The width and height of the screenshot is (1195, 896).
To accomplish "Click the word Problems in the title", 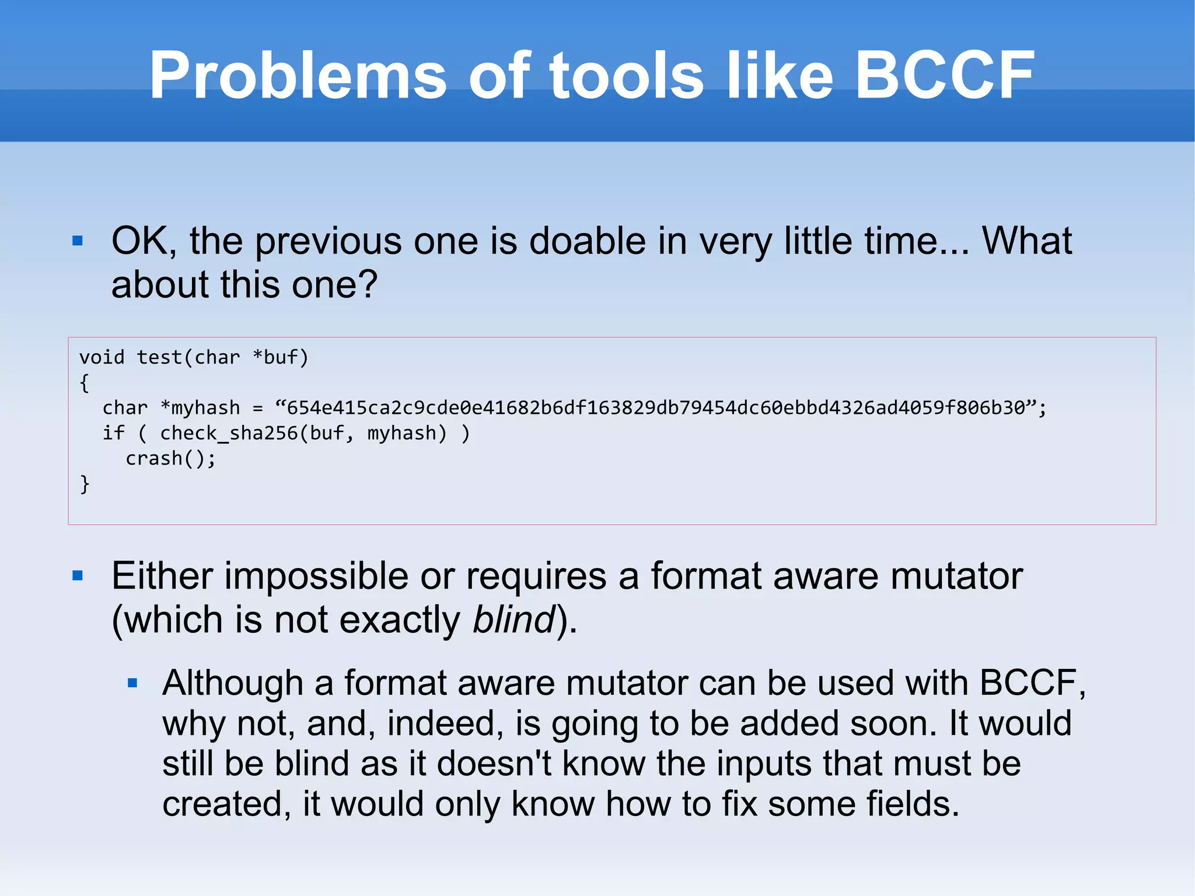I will (298, 76).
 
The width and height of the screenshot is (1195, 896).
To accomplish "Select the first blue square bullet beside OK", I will (78, 240).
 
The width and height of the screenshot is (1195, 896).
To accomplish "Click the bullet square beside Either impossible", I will (78, 576).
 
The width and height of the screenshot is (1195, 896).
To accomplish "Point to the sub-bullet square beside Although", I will (132, 683).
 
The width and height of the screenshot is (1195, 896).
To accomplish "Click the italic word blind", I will (513, 619).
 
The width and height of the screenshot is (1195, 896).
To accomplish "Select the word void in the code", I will (102, 357).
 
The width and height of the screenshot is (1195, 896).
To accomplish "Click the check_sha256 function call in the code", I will (229, 433).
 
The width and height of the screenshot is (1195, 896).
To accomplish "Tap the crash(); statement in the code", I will (170, 459).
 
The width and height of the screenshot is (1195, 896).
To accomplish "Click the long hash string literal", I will (656, 407).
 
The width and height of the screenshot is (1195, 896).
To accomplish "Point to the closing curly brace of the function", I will (85, 484).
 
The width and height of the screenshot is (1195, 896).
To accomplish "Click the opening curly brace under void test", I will (85, 383).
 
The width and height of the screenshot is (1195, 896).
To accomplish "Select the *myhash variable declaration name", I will (200, 407).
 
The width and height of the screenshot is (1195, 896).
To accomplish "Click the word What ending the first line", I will (1026, 240).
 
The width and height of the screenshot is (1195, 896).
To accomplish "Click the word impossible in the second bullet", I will (316, 576).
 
